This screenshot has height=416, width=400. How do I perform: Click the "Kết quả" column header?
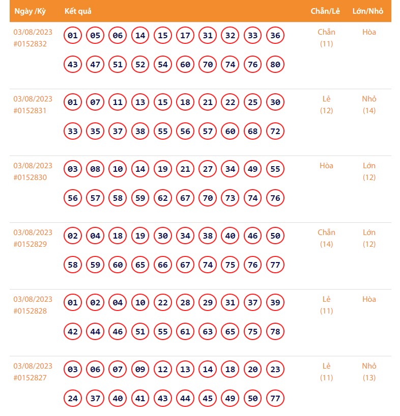(78, 11)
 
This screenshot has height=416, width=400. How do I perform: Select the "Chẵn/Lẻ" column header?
(326, 11)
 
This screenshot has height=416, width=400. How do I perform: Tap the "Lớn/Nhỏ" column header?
(368, 11)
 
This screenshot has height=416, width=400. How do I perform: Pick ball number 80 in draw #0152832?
(275, 65)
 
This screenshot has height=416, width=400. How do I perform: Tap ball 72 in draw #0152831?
(275, 132)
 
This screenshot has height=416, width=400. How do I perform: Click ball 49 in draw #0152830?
(253, 169)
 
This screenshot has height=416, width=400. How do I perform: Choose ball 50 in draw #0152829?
(275, 236)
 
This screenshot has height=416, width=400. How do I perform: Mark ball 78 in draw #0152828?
(275, 332)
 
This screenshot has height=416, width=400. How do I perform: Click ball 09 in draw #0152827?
(140, 370)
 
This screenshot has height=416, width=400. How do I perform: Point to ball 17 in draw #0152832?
(185, 36)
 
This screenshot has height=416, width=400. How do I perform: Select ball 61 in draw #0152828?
(185, 332)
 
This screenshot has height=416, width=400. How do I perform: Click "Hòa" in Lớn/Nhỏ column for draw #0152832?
(369, 32)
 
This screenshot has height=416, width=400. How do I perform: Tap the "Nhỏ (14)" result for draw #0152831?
(369, 105)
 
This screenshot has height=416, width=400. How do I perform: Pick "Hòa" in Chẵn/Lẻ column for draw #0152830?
(326, 166)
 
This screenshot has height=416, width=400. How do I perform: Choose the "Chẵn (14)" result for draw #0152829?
(326, 238)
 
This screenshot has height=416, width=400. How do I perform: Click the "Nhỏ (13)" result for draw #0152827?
(369, 372)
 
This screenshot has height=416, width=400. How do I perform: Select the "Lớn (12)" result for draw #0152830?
(369, 171)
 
